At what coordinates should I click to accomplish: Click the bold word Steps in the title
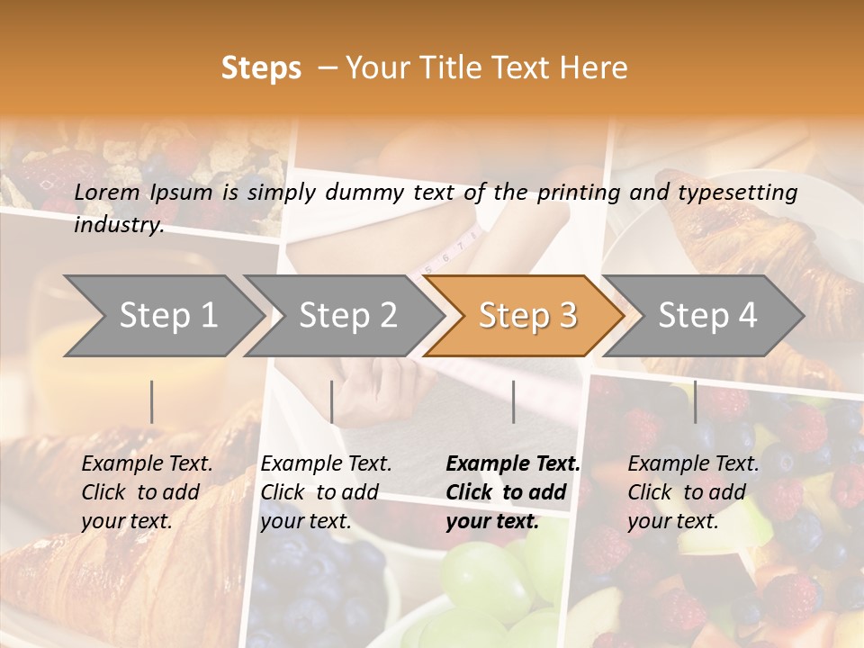[261, 68]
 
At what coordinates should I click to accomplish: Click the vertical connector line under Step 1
[152, 401]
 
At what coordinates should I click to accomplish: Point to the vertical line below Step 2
[332, 401]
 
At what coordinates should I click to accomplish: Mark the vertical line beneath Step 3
[513, 401]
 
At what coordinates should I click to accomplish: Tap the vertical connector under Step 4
[695, 401]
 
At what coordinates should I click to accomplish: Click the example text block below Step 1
[147, 492]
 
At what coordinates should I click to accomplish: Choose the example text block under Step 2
[326, 492]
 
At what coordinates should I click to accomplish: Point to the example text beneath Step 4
[693, 492]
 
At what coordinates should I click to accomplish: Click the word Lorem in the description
[107, 192]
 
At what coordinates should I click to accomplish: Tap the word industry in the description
[119, 224]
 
